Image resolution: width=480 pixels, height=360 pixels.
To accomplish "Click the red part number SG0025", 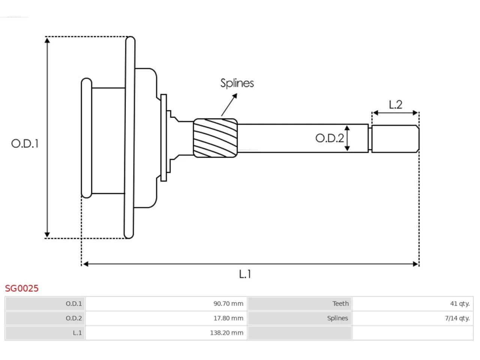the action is tap(22, 288).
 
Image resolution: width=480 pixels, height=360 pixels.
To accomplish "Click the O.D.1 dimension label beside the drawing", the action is tap(25, 144).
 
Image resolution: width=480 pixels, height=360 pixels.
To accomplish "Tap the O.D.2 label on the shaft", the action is tap(330, 138).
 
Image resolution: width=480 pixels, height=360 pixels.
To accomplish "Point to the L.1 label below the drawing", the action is tap(245, 274).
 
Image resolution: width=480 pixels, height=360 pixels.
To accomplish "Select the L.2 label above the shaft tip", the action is tap(396, 105).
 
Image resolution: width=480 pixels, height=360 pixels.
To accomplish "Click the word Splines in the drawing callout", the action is tap(237, 83).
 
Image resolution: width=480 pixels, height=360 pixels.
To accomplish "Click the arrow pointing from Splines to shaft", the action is tap(229, 105).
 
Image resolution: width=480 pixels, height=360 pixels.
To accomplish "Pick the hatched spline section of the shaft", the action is tap(215, 138).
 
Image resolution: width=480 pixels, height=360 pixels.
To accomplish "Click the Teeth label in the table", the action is tap(340, 304).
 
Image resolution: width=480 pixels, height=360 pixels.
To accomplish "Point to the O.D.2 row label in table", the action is tap(74, 318).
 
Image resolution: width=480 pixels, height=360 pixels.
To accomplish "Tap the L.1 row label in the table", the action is tap(77, 333).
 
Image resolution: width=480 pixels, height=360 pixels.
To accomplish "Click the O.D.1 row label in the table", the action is tap(74, 304).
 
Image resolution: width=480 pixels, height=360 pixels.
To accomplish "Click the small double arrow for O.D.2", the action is tap(347, 138).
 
